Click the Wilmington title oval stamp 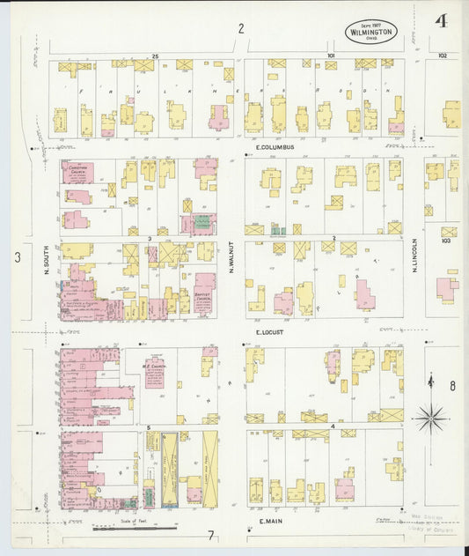[370, 32]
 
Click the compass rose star [429, 417]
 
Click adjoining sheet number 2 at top [239, 28]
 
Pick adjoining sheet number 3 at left [17, 257]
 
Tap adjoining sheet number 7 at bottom [210, 535]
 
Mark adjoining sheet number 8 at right [453, 385]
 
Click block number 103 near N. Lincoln [449, 239]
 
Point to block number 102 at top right [442, 56]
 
